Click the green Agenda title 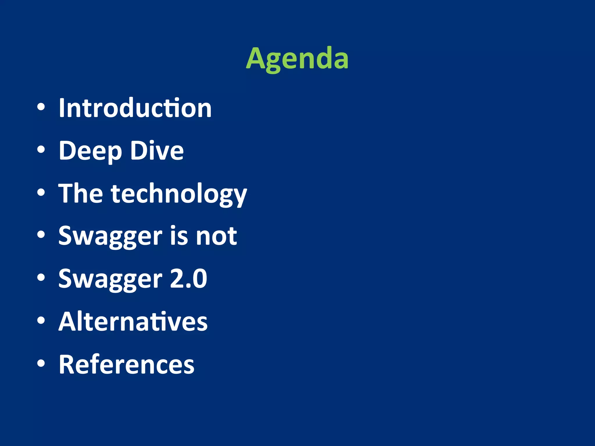coord(297,59)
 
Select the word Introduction coord(135,108)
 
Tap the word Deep coord(90,151)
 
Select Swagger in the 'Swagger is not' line coord(110,236)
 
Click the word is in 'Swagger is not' coord(179,236)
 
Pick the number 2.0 coord(188,278)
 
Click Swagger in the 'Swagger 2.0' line coord(110,279)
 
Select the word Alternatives coord(133,321)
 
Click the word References coord(126,364)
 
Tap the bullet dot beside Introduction coord(41,107)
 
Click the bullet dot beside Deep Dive coord(41,150)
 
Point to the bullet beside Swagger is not coord(41,235)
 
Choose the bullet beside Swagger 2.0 coord(41,278)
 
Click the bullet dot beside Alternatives coord(41,320)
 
